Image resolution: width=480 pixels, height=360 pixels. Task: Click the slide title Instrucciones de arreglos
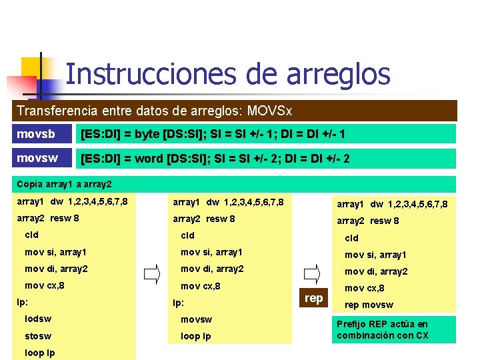pyautogui.click(x=227, y=73)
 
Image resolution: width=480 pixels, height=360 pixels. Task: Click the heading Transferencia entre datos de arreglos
pyautogui.click(x=154, y=110)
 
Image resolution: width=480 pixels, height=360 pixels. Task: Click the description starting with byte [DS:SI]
pyautogui.click(x=213, y=135)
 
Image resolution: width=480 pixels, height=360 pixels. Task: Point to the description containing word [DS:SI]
pyautogui.click(x=215, y=159)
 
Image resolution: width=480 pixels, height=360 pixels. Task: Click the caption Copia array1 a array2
pyautogui.click(x=64, y=183)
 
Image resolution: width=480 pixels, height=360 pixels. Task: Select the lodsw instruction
pyautogui.click(x=38, y=319)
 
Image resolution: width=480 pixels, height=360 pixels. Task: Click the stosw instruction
pyautogui.click(x=38, y=336)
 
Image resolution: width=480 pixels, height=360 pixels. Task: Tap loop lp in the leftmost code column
pyautogui.click(x=40, y=353)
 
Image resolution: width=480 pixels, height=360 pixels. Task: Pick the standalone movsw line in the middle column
pyautogui.click(x=196, y=319)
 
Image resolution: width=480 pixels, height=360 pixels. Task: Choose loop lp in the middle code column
pyautogui.click(x=196, y=336)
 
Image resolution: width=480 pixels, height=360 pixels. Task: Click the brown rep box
pyautogui.click(x=313, y=298)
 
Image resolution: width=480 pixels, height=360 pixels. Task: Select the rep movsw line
pyautogui.click(x=369, y=305)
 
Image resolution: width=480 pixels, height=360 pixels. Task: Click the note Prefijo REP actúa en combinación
pyautogui.click(x=383, y=329)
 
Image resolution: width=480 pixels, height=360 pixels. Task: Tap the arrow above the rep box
pyautogui.click(x=311, y=273)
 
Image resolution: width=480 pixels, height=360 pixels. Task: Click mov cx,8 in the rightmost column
pyautogui.click(x=364, y=288)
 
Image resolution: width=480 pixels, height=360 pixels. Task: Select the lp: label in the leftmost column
pyautogui.click(x=22, y=303)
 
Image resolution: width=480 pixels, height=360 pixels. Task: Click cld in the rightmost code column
pyautogui.click(x=351, y=238)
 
